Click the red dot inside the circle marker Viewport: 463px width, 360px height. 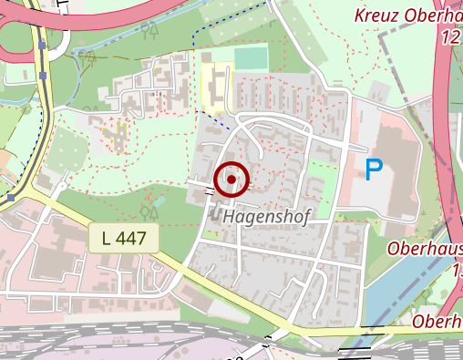[x=232, y=180]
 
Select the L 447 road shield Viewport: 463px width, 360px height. [x=124, y=239]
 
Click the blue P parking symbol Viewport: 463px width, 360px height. [x=374, y=170]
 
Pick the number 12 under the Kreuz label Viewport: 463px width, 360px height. [x=449, y=38]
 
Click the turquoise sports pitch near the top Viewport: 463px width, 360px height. [x=250, y=57]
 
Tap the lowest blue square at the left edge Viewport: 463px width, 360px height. [x=9, y=197]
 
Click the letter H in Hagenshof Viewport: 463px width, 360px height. [x=229, y=218]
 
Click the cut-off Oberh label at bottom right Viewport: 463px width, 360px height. [x=437, y=322]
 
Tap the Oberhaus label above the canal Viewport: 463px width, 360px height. [x=425, y=249]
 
